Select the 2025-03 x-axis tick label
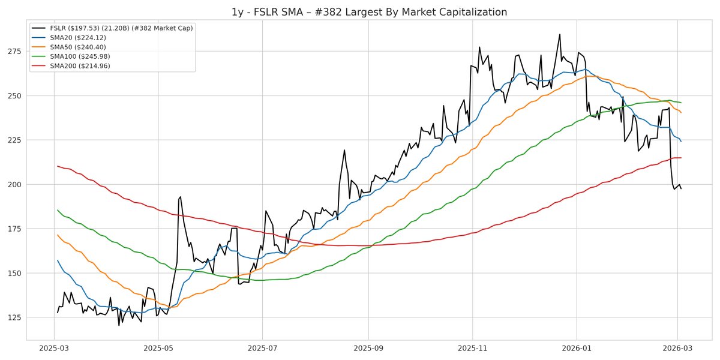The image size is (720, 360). tap(55, 348)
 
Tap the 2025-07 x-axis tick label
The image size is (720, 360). tap(262, 348)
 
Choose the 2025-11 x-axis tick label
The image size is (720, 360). tap(472, 348)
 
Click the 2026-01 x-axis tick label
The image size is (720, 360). tap(576, 348)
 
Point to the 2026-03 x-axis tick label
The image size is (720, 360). tap(677, 348)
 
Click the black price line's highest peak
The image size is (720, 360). tap(560, 34)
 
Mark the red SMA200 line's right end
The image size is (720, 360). tap(681, 158)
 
